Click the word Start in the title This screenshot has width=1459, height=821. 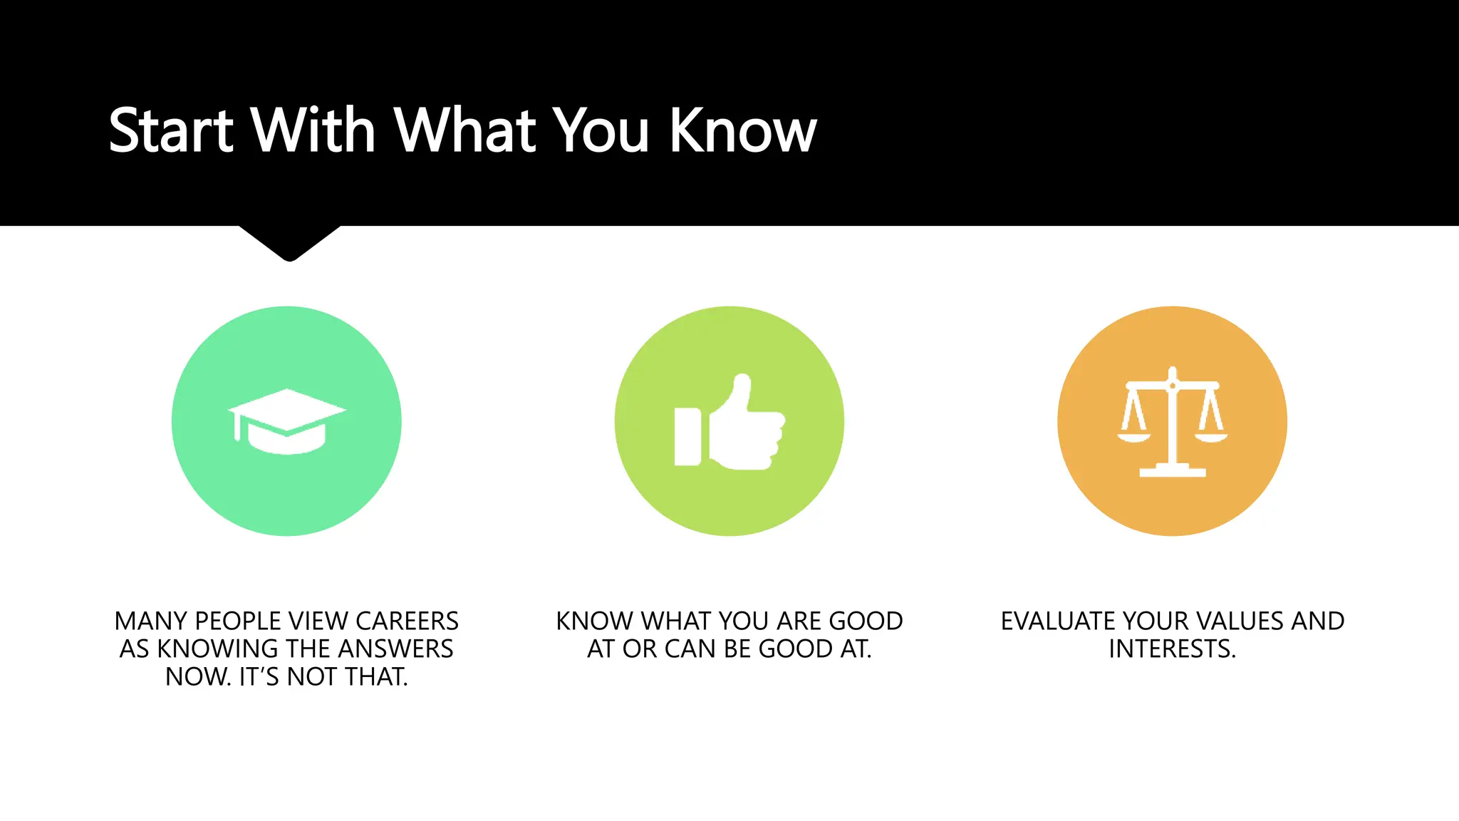(171, 130)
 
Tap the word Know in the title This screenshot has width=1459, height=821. (743, 130)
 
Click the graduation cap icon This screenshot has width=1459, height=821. (286, 421)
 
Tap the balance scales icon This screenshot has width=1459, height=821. (1172, 421)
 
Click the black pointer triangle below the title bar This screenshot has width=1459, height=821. (289, 242)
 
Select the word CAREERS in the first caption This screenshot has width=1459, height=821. (407, 621)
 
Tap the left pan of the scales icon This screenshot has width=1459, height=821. (1133, 435)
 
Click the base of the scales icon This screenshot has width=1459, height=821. (1172, 471)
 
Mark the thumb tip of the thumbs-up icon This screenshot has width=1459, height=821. (742, 381)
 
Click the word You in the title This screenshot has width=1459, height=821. (602, 130)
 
